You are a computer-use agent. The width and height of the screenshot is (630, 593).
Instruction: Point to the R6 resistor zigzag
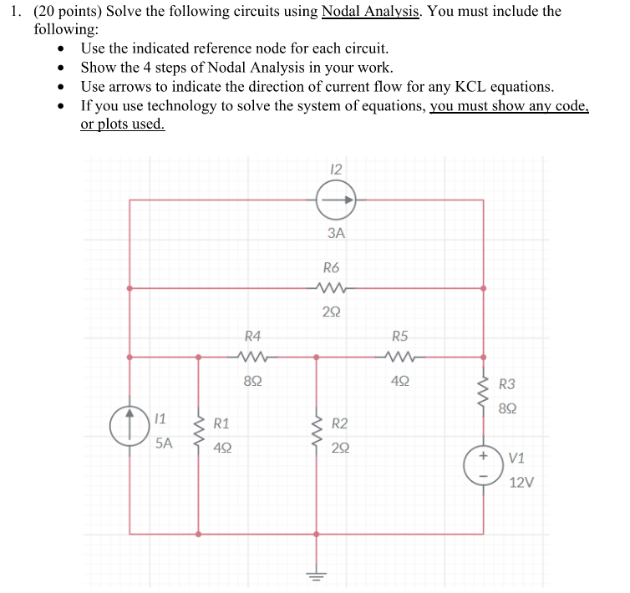(332, 289)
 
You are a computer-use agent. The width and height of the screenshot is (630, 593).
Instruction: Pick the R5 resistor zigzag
(400, 357)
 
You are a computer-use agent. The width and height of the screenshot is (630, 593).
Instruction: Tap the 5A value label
(165, 443)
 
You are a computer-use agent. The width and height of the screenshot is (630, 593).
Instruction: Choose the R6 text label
(332, 268)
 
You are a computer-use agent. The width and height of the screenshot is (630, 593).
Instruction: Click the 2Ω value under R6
(332, 312)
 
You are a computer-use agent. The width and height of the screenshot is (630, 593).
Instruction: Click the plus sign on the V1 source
(483, 459)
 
